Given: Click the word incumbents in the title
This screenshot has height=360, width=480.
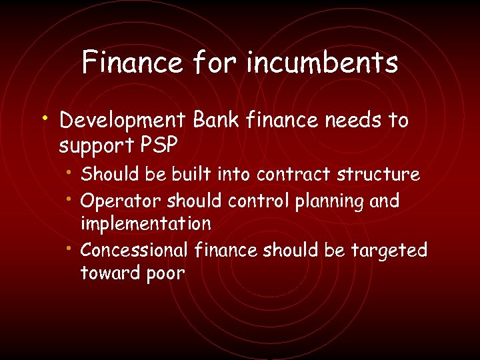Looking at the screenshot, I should pos(322,63).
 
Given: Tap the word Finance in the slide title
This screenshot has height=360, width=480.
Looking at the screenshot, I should pos(132,63).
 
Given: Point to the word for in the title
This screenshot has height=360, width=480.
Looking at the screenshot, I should pos(215,63).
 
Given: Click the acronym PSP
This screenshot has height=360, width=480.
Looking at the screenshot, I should pos(161,145).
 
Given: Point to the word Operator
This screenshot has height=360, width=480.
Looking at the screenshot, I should pos(121,201).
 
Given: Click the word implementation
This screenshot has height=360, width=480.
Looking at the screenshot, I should pos(145,223).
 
